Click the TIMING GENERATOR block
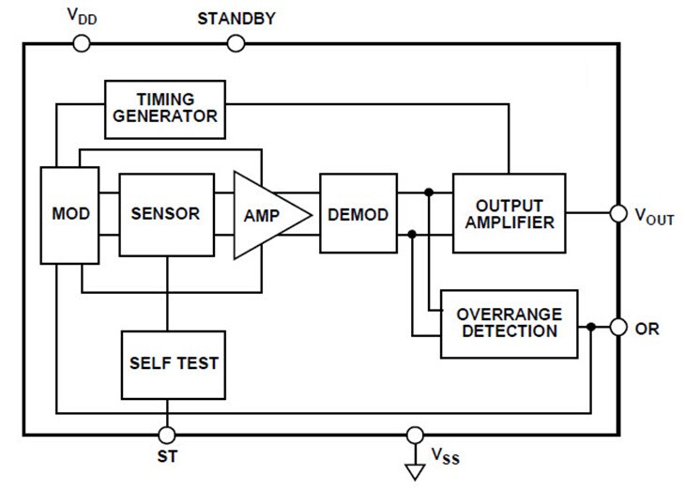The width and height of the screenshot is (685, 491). [164, 108]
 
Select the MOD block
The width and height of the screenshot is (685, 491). [70, 214]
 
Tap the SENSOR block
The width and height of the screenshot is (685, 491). [166, 214]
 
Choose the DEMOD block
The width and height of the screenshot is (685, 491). [358, 214]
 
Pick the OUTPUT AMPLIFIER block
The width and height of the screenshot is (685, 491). [509, 213]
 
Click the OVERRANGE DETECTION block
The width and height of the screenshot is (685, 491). [509, 324]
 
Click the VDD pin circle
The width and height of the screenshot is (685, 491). [81, 43]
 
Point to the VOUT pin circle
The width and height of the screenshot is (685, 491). [617, 214]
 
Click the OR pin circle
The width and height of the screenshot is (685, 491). [617, 328]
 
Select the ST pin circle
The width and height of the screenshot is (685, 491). [166, 435]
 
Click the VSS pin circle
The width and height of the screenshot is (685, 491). [414, 435]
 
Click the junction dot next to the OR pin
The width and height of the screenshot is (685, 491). [590, 328]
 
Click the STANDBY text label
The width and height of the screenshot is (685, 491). [236, 19]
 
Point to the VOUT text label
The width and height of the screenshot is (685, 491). [654, 216]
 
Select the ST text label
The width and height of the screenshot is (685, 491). [166, 459]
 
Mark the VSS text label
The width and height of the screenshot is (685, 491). [446, 457]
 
